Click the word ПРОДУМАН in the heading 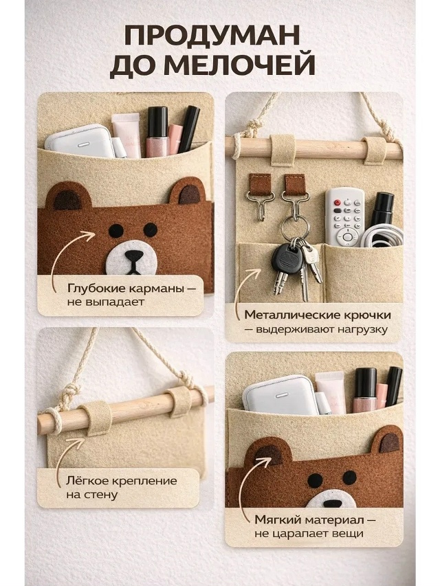click(x=212, y=36)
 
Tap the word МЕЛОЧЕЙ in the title click(x=239, y=66)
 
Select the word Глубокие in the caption click(x=96, y=289)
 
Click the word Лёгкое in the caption click(x=89, y=481)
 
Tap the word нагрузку click(x=362, y=330)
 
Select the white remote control click(x=344, y=217)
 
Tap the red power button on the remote click(x=337, y=203)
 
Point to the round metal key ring click(x=294, y=228)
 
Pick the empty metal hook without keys click(x=261, y=205)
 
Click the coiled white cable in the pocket click(x=382, y=236)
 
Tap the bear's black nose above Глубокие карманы click(x=133, y=256)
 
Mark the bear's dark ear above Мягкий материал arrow click(x=269, y=455)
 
